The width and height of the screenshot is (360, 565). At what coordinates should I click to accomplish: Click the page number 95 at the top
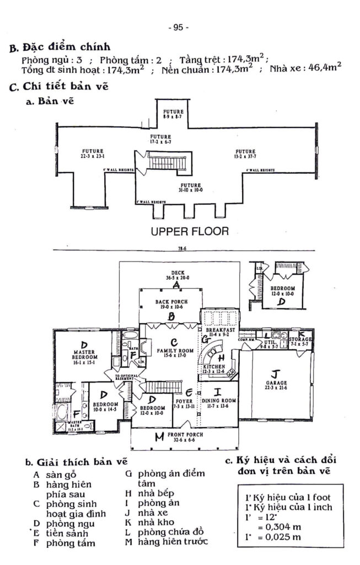pos(179,27)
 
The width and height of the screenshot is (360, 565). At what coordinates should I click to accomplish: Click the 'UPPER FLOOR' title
pos(190,231)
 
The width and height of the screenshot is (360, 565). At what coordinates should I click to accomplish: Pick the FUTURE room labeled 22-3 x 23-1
pos(93,153)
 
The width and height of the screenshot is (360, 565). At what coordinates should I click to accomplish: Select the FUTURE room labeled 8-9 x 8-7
pos(173,114)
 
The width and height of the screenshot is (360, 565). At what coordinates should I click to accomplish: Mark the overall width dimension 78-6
pos(180,249)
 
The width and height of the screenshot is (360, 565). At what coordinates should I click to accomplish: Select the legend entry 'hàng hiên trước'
pos(173,541)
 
